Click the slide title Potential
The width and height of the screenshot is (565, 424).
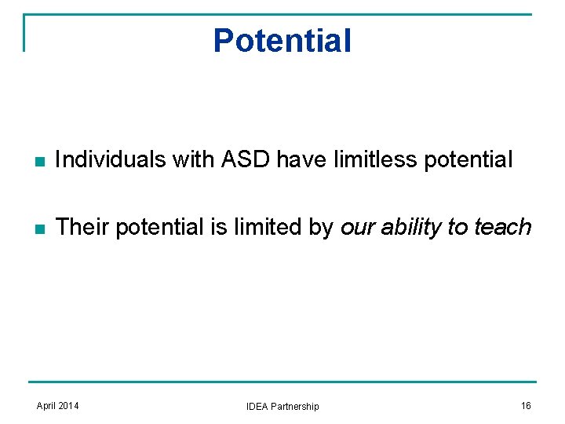click(282, 41)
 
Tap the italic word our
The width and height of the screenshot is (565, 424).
click(358, 228)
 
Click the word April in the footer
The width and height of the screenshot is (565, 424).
click(48, 406)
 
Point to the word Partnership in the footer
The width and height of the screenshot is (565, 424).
click(296, 407)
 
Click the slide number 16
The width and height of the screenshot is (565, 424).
click(526, 406)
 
